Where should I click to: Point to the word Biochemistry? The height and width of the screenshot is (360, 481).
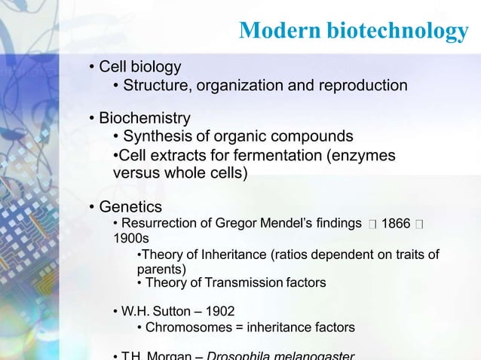pyautogui.click(x=145, y=118)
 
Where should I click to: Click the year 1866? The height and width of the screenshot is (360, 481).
pyautogui.click(x=396, y=224)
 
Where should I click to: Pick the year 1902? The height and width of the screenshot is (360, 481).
pyautogui.click(x=219, y=310)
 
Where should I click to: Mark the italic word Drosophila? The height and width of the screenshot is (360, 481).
pyautogui.click(x=240, y=355)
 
